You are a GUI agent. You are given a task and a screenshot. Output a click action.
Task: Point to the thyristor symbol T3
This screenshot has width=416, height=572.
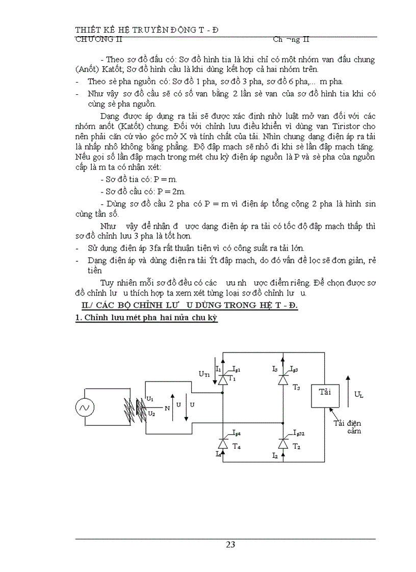click(282, 380)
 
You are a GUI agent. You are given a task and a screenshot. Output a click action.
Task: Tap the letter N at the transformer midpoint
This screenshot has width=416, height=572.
click(166, 407)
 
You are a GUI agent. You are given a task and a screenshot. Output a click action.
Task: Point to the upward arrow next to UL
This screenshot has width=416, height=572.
click(348, 392)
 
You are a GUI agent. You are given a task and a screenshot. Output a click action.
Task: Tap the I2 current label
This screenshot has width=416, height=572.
click(275, 454)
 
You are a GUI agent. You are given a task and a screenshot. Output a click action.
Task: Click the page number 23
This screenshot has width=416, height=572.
click(230, 544)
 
